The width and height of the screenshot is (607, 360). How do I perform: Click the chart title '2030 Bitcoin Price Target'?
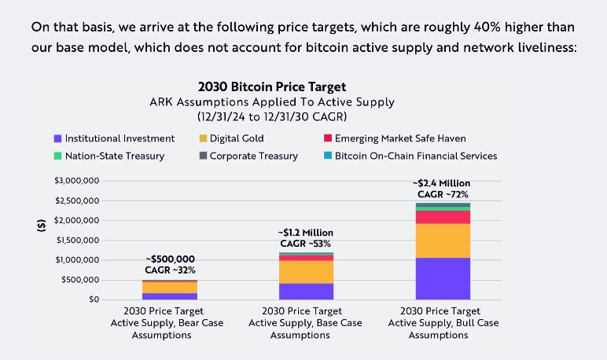coord(273,86)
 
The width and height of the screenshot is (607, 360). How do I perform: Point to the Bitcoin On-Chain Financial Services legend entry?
coord(409,156)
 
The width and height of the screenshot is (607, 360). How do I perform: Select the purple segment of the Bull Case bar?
coord(442,278)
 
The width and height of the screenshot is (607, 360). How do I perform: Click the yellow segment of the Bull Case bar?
coord(442,241)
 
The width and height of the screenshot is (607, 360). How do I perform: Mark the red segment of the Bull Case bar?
coord(442,217)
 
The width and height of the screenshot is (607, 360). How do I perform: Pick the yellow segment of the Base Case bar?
coord(305,271)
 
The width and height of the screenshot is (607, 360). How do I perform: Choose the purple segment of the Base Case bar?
coord(305,291)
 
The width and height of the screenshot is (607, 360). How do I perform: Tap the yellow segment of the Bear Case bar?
coord(169,287)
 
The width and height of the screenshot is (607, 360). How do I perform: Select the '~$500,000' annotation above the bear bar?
coord(170,259)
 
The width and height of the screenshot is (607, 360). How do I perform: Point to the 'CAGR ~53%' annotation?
coord(305,244)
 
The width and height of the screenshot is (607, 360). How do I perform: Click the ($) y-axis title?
coord(42,225)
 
